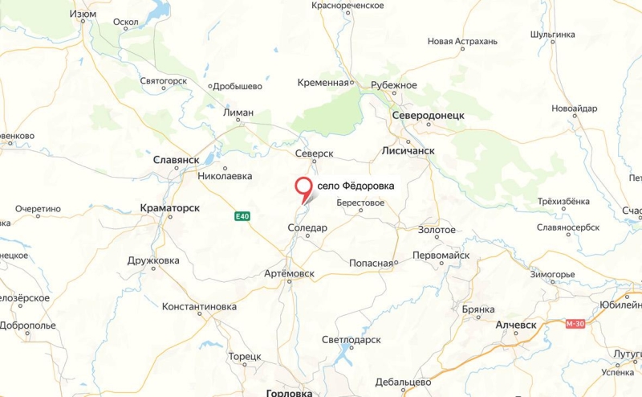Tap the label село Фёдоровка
[356, 186]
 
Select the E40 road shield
[242, 215]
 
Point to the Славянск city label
[176, 160]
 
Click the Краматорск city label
[169, 208]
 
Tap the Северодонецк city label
[428, 116]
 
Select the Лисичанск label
[408, 149]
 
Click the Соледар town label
[307, 228]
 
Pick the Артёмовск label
[289, 274]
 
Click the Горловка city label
[289, 393]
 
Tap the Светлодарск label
[351, 339]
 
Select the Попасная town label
[371, 263]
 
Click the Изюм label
[83, 14]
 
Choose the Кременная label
[323, 83]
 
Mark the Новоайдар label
[575, 108]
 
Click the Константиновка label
[199, 307]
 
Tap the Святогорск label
[163, 81]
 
